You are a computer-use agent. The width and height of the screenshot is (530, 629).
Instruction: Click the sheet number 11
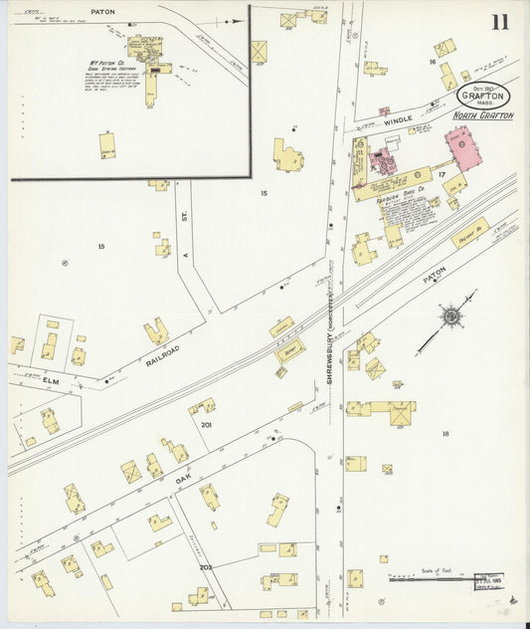click(x=498, y=22)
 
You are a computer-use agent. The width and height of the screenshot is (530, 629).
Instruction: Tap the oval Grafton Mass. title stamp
click(x=485, y=97)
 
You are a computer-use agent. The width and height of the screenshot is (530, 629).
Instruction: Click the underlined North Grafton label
click(x=483, y=115)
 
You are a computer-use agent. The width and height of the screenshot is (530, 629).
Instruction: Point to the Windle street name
click(x=398, y=119)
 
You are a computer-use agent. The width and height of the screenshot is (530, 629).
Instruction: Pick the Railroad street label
click(x=164, y=349)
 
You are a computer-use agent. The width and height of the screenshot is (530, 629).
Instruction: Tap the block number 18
click(x=444, y=433)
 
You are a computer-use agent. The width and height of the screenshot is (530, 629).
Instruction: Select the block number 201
click(x=206, y=425)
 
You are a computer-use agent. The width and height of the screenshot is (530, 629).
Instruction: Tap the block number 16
click(x=433, y=62)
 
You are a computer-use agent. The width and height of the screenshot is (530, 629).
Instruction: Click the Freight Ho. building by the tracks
click(x=469, y=234)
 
